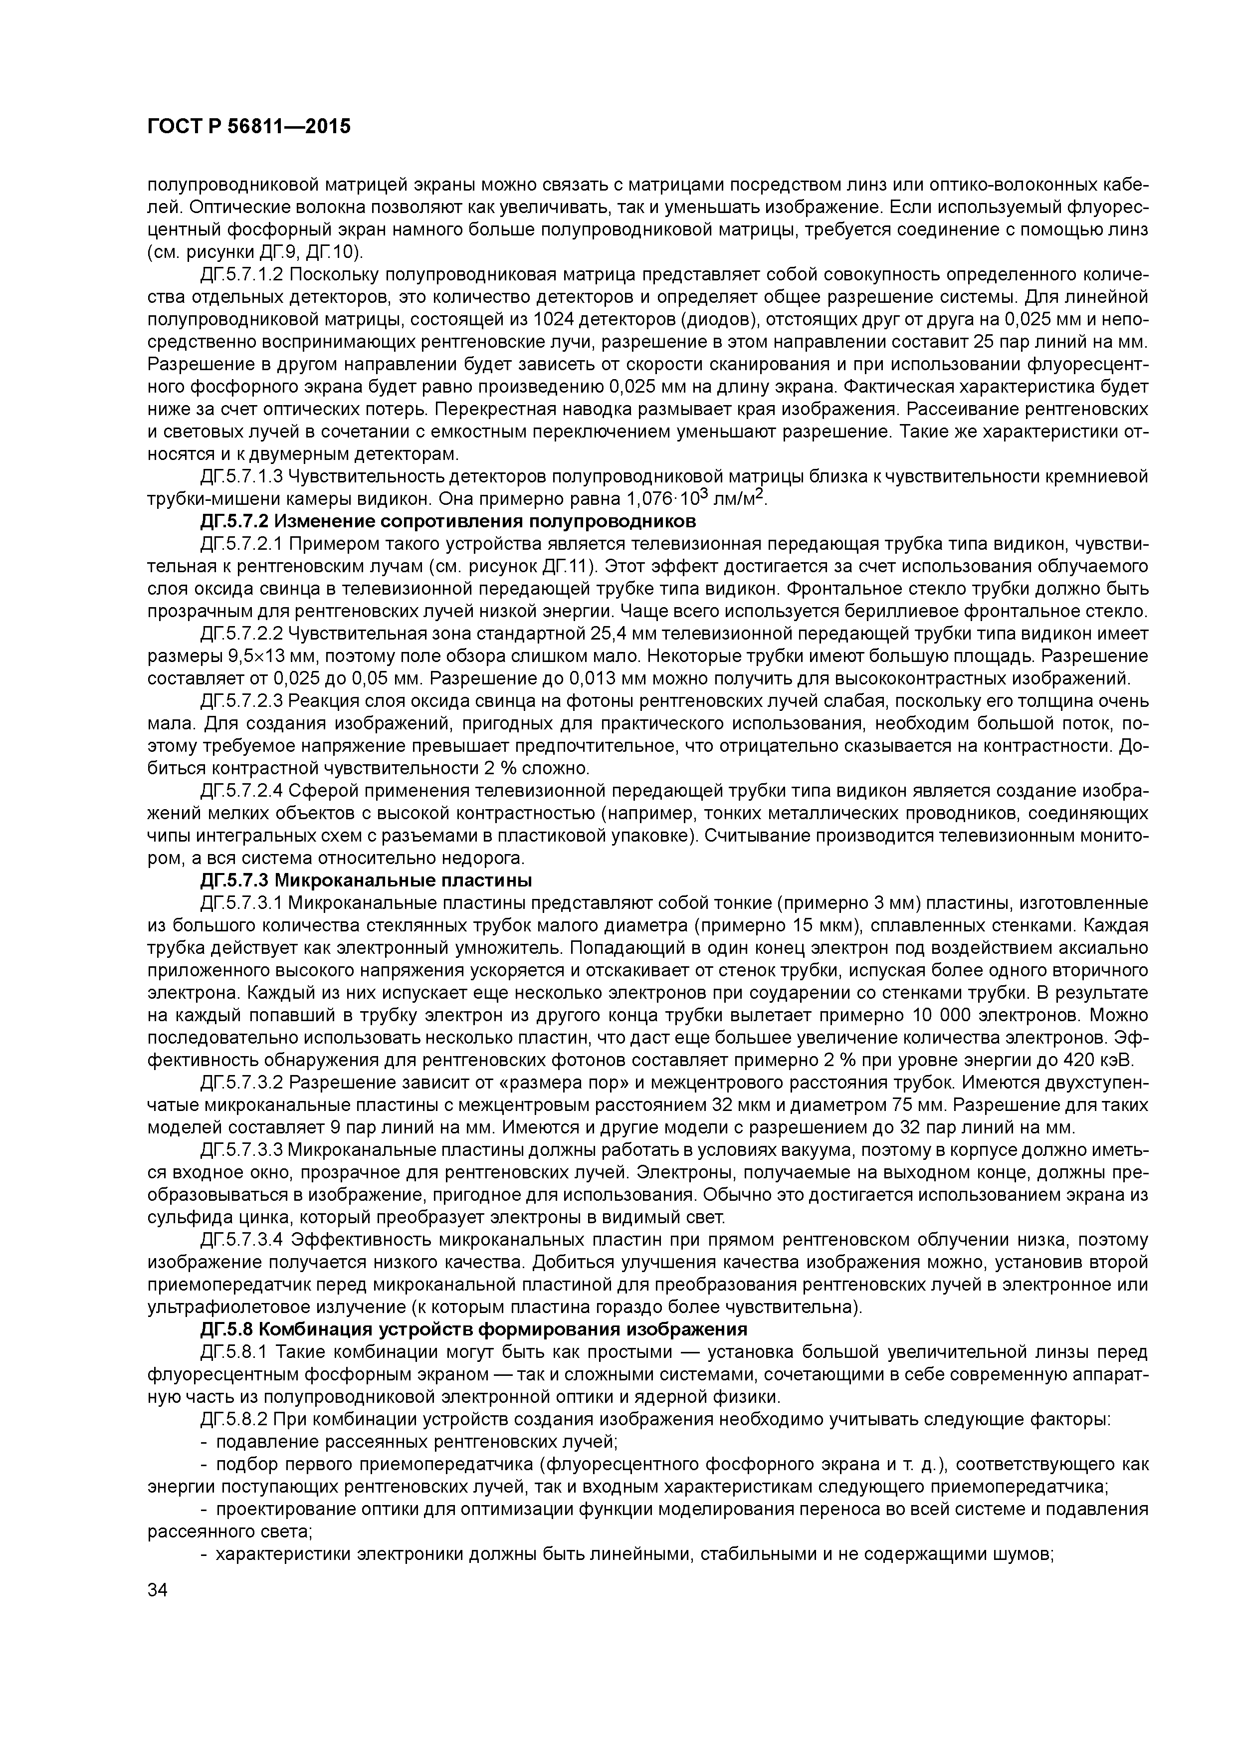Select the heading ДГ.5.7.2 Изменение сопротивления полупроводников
[448, 521]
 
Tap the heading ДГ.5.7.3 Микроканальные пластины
[366, 880]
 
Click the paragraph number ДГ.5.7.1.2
[242, 274]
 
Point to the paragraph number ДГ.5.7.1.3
[242, 477]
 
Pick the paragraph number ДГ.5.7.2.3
[242, 701]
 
